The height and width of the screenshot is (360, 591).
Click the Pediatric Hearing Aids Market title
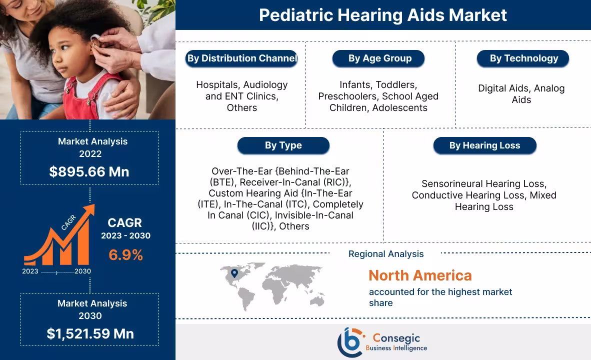coord(382,15)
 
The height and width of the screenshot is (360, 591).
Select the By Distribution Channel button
coord(242,58)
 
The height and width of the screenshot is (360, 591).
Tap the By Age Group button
coord(379,58)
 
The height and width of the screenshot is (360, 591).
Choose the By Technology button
coord(523,58)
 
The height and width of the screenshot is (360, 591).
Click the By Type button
coord(283,145)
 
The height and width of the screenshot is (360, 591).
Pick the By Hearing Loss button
coord(484,145)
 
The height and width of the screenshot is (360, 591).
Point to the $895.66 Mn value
coord(89,171)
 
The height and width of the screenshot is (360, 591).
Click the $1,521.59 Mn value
coord(90,333)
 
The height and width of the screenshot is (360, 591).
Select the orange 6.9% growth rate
coord(126,255)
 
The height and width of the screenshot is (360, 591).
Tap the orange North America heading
coord(420,275)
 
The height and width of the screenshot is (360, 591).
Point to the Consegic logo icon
coord(349,342)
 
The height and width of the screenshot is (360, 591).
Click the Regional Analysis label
coord(385,254)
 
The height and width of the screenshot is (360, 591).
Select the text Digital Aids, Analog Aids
coord(521,94)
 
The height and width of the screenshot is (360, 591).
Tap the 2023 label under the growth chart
coord(30,271)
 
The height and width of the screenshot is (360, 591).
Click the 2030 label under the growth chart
coord(82,271)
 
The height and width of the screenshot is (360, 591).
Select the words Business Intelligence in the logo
coord(396,348)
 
